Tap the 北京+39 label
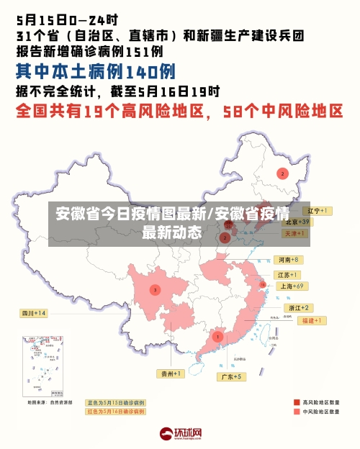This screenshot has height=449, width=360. pyautogui.click(x=296, y=222)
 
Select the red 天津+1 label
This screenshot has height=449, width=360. pyautogui.click(x=295, y=234)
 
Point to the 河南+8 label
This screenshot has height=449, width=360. pyautogui.click(x=288, y=259)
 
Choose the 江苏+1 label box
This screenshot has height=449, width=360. pyautogui.click(x=288, y=275)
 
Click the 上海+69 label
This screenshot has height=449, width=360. pyautogui.click(x=293, y=286)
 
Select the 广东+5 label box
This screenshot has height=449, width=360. pyautogui.click(x=232, y=376)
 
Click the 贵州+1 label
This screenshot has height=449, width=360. pyautogui.click(x=171, y=373)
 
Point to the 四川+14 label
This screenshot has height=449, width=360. pyautogui.click(x=33, y=313)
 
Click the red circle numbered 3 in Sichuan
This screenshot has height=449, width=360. pyautogui.click(x=154, y=290)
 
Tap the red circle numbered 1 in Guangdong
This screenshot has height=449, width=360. pyautogui.click(x=217, y=336)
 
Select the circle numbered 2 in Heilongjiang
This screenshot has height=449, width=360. pyautogui.click(x=283, y=173)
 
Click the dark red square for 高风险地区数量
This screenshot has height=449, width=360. pyautogui.click(x=297, y=402)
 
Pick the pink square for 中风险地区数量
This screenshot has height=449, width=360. pyautogui.click(x=297, y=412)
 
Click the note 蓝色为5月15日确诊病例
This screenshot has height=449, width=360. pyautogui.click(x=116, y=403)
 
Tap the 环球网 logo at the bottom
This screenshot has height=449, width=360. pyautogui.click(x=180, y=433)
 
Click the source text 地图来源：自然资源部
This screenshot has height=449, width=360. pyautogui.click(x=50, y=403)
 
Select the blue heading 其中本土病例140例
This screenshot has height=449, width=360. pyautogui.click(x=95, y=71)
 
